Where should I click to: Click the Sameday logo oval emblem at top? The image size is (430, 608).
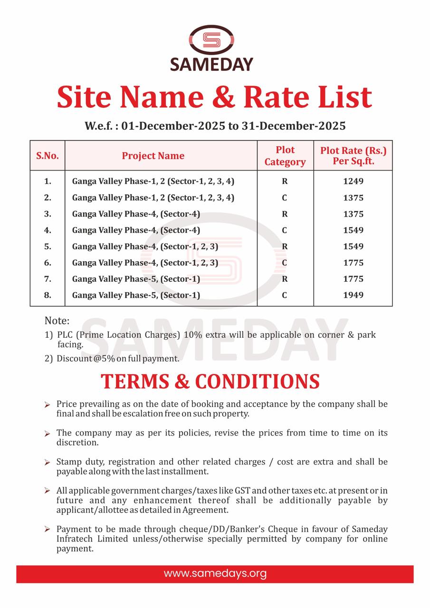[x=211, y=40]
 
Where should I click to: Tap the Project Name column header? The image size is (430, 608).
[x=153, y=156]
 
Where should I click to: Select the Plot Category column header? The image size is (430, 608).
[x=285, y=156]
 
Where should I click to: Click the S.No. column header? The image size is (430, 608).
[x=48, y=156]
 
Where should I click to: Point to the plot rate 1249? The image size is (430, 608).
[x=353, y=181]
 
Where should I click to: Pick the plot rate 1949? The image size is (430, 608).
[x=353, y=295]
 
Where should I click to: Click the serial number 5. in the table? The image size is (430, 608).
[x=48, y=246]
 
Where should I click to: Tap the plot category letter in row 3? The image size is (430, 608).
[x=285, y=214]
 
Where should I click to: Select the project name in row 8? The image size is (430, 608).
[x=136, y=295]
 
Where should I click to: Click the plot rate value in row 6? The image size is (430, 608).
[x=353, y=263]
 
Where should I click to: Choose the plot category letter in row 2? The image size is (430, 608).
[x=285, y=198]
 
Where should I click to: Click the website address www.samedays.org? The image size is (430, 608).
[x=215, y=573]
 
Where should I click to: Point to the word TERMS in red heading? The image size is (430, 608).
[x=142, y=381]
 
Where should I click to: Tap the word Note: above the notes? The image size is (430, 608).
[x=57, y=321]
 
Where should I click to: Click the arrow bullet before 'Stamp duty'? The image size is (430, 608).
[x=48, y=462]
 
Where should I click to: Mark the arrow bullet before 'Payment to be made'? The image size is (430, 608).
[x=48, y=529]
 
